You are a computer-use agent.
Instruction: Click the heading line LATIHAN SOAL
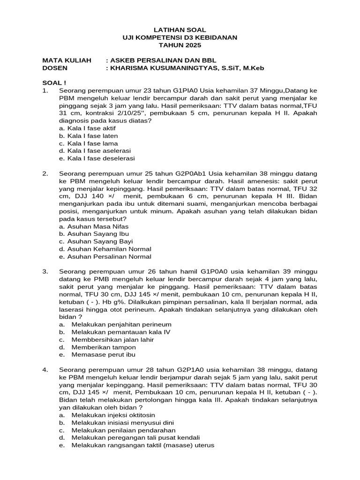coord(180,30)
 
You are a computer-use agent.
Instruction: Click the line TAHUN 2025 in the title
coord(180,45)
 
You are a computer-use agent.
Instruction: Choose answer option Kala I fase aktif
coord(88,128)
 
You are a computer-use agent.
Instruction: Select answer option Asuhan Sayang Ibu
coord(94,233)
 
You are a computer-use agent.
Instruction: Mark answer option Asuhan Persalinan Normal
coord(105,256)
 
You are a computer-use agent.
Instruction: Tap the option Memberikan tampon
coord(104,347)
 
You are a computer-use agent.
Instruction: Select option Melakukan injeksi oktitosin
coord(113,415)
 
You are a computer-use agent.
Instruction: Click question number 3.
coord(45,271)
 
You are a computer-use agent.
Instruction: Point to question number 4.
coord(45,370)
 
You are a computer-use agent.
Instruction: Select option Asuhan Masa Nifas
coord(91,226)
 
